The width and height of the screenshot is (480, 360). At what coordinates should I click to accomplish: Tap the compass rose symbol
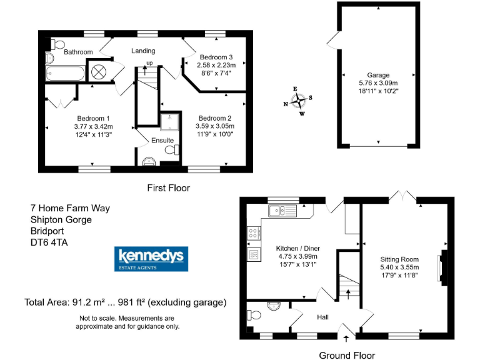tap(300, 101)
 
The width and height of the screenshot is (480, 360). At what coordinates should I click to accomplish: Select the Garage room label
tap(378, 75)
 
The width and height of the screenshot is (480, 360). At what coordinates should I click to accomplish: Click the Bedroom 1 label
tap(94, 118)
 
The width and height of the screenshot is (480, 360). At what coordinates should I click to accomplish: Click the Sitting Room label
tap(399, 259)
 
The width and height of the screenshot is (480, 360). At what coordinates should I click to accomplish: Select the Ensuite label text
tap(162, 141)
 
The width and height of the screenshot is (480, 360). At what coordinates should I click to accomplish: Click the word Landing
tap(143, 51)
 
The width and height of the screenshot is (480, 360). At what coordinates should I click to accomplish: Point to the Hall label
tap(322, 317)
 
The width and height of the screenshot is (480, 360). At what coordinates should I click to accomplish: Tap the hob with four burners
tap(254, 233)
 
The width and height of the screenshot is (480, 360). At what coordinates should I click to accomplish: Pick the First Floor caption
tap(168, 187)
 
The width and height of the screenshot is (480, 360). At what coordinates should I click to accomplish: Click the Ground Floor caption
tap(347, 355)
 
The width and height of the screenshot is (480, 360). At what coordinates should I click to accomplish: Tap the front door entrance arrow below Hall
tap(346, 339)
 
